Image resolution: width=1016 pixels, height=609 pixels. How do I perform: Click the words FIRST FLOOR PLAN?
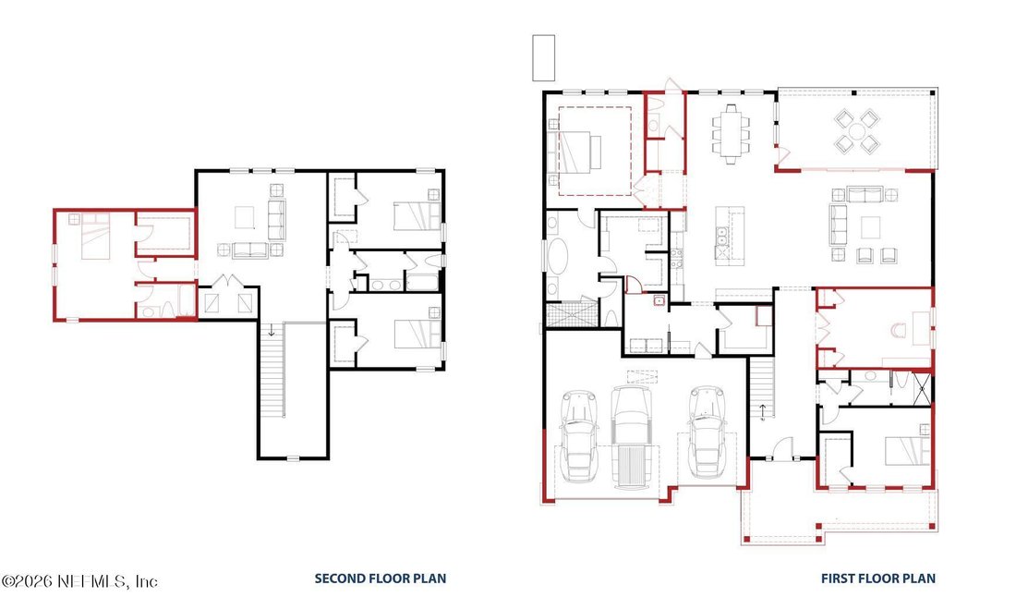[x=878, y=579]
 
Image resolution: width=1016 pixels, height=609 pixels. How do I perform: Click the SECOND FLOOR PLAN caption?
[x=381, y=579]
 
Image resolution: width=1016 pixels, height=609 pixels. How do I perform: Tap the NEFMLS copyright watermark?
[x=79, y=581]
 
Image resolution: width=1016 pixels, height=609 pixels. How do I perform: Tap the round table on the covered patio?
[x=856, y=131]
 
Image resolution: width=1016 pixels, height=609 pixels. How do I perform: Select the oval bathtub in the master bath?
[x=557, y=258]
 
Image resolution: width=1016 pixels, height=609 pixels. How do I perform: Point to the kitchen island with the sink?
[x=730, y=235]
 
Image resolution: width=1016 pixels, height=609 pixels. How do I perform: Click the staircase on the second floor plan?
[x=272, y=370]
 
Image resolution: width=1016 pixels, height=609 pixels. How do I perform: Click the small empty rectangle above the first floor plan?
[x=544, y=57]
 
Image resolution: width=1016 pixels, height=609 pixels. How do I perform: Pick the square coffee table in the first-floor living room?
[x=870, y=227]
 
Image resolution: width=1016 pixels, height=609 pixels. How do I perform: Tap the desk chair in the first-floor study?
[x=899, y=331]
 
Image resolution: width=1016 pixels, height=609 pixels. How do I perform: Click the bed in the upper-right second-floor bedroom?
[x=417, y=216]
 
